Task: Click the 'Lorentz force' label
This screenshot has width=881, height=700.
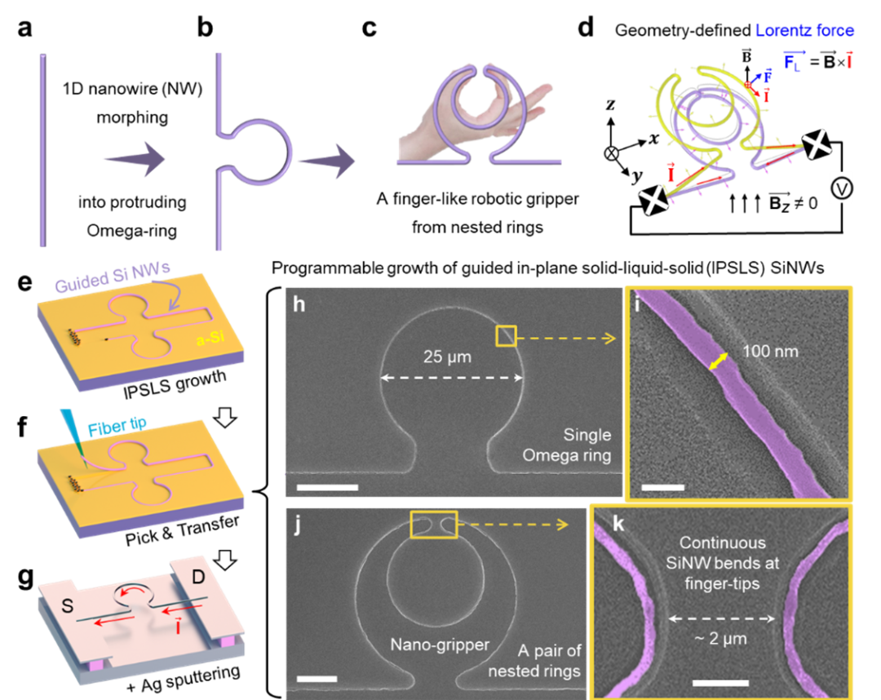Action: coord(804,31)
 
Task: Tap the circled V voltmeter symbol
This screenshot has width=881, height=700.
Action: coord(840,188)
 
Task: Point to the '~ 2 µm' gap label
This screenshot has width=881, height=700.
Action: coord(721,639)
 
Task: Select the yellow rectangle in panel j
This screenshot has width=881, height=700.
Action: coord(434,525)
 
